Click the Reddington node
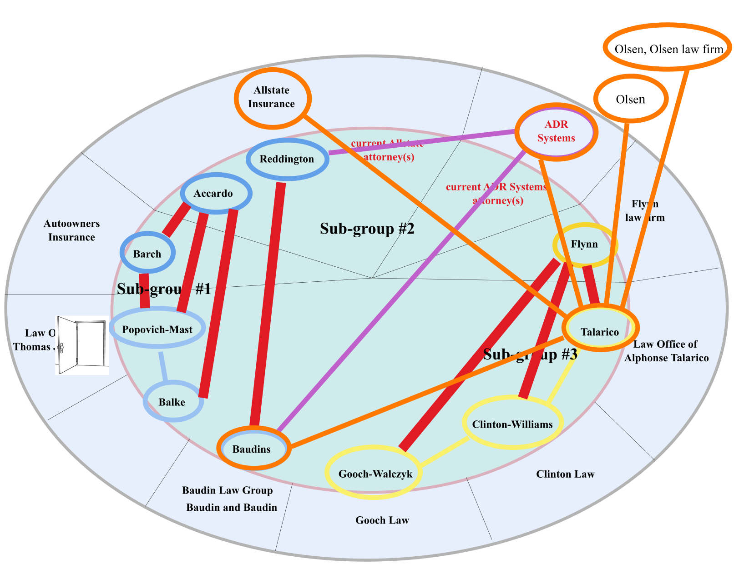click(x=287, y=159)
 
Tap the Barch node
click(x=147, y=254)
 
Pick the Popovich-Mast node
click(x=157, y=329)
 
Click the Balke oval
click(x=172, y=402)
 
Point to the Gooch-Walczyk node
click(x=374, y=474)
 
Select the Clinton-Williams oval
click(x=512, y=424)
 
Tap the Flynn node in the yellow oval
click(x=585, y=245)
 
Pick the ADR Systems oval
click(x=556, y=132)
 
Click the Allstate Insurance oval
click(x=272, y=97)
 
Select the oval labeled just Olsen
click(x=630, y=99)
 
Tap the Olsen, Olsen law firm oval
click(x=668, y=48)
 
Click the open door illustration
click(x=82, y=345)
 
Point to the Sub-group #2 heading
click(x=367, y=229)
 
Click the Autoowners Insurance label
click(x=71, y=230)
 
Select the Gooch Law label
click(x=382, y=520)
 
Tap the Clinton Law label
click(x=565, y=474)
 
